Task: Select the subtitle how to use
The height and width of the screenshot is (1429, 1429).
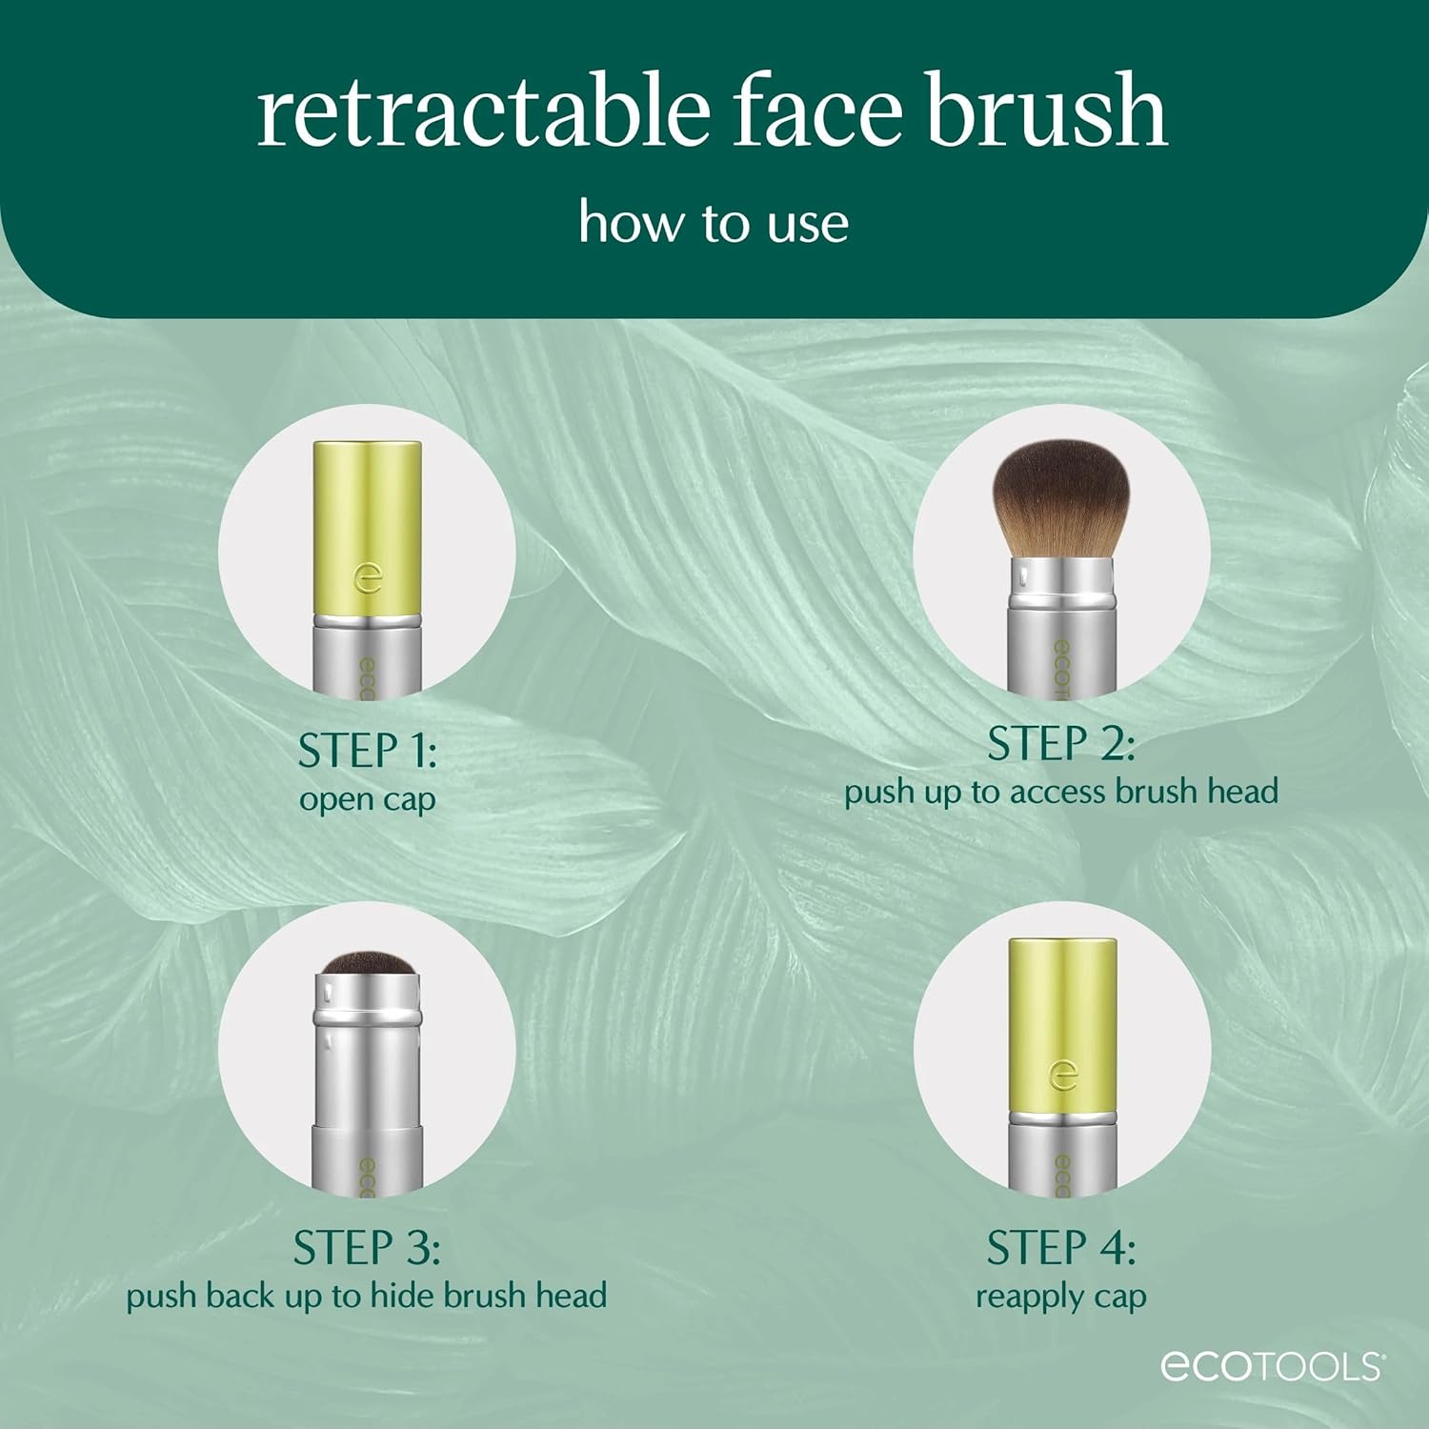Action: pyautogui.click(x=714, y=224)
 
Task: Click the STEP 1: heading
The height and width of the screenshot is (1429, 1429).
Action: pyautogui.click(x=367, y=751)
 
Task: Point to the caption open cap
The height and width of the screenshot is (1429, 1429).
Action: pyautogui.click(x=367, y=798)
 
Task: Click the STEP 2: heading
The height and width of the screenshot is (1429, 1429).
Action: pyautogui.click(x=1060, y=744)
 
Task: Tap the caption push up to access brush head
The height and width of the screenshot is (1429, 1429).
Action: pyautogui.click(x=1060, y=792)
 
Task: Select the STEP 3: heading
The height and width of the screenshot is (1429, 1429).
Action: pyautogui.click(x=367, y=1248)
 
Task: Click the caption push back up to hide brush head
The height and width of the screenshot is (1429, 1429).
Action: pyautogui.click(x=367, y=1296)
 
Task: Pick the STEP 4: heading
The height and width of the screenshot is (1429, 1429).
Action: pyautogui.click(x=1060, y=1248)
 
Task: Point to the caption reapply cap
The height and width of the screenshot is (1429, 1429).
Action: pyautogui.click(x=1060, y=1297)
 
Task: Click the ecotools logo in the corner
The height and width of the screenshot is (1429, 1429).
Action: pyautogui.click(x=1271, y=1366)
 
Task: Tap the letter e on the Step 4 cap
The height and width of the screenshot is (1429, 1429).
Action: pyautogui.click(x=1062, y=1075)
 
